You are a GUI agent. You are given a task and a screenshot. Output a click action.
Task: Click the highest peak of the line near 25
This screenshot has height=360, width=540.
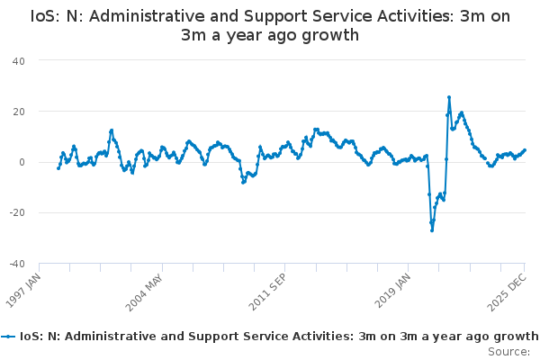click(449, 97)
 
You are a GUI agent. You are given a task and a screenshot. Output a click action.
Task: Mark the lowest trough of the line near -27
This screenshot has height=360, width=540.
click(432, 230)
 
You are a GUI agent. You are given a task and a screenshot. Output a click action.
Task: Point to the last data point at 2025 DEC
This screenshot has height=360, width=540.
click(525, 150)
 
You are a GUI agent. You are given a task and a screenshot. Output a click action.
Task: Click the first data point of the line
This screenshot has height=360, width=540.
click(58, 168)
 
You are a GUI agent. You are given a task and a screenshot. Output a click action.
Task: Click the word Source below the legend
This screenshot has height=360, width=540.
click(508, 352)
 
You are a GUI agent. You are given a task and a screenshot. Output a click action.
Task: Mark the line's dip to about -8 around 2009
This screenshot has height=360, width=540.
click(243, 182)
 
